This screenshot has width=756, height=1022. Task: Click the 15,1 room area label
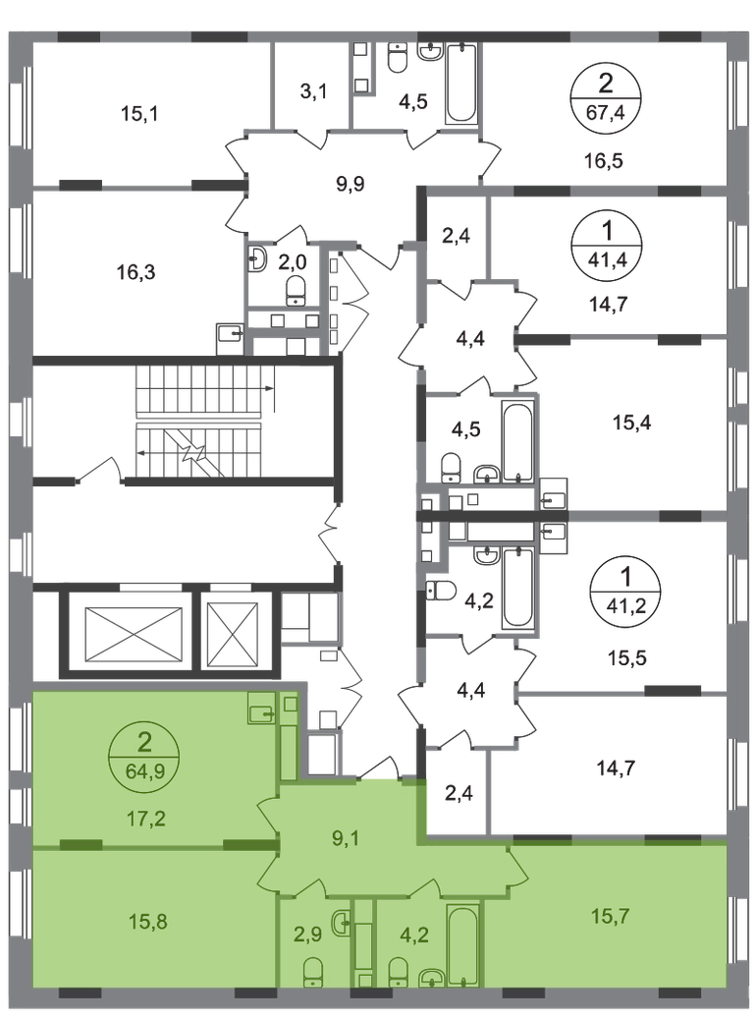pyautogui.click(x=139, y=114)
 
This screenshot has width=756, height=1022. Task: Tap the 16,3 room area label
pyautogui.click(x=136, y=272)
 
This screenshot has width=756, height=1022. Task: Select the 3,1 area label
pyautogui.click(x=313, y=92)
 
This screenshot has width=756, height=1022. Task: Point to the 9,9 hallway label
pyautogui.click(x=350, y=185)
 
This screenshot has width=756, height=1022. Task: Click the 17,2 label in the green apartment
pyautogui.click(x=146, y=818)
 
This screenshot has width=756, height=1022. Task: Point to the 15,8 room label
pyautogui.click(x=147, y=922)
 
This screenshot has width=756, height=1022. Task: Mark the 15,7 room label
pyautogui.click(x=610, y=917)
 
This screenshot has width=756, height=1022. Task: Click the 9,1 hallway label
pyautogui.click(x=346, y=838)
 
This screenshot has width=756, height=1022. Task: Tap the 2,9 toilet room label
pyautogui.click(x=307, y=934)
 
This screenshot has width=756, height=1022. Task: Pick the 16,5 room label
pyautogui.click(x=604, y=160)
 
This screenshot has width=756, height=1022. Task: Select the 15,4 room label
pyautogui.click(x=631, y=423)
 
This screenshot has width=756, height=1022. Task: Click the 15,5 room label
pyautogui.click(x=626, y=658)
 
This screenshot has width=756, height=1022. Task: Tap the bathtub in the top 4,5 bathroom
pyautogui.click(x=461, y=83)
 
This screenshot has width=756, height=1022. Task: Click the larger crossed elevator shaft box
pyautogui.click(x=135, y=635)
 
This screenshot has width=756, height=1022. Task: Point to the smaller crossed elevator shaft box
pyautogui.click(x=233, y=635)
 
